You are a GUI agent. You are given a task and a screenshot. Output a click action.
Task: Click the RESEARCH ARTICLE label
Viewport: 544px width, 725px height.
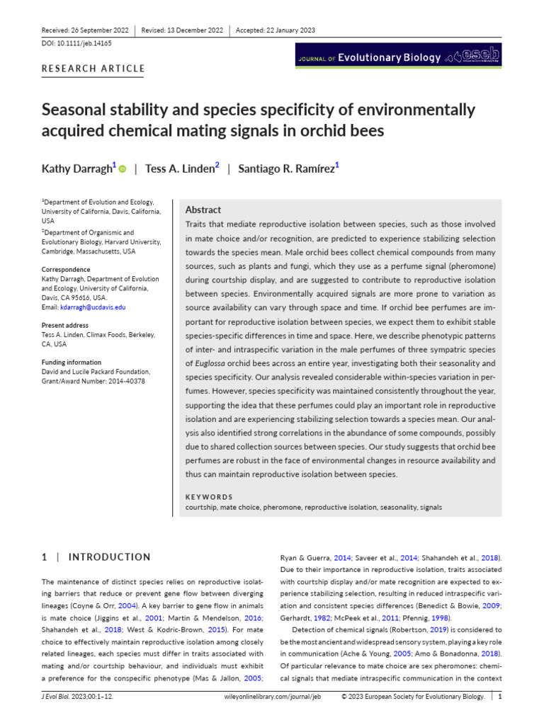[93, 69]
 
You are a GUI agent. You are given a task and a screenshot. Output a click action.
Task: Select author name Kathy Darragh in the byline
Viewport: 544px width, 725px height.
[76, 169]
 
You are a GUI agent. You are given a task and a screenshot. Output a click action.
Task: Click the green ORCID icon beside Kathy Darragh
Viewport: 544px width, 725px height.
[122, 169]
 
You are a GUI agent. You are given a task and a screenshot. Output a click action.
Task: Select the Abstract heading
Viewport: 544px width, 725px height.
[203, 210]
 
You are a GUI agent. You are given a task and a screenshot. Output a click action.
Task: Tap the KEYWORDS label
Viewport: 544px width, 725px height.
[208, 497]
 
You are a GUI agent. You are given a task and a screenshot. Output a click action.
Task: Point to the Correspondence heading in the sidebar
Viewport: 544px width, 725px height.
[66, 270]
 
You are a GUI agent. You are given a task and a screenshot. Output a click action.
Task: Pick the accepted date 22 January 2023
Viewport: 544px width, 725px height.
[288, 30]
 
